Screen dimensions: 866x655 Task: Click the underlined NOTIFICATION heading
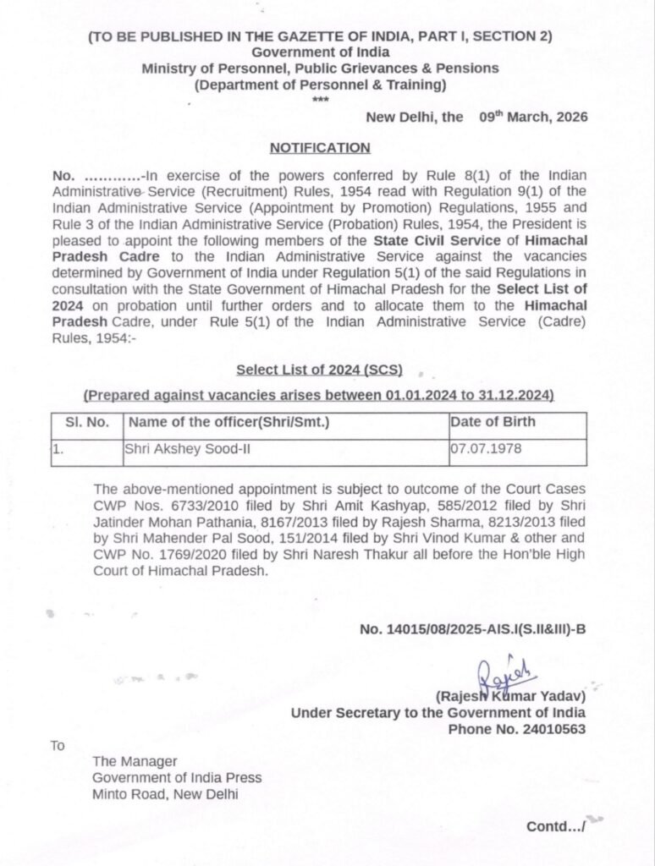pyautogui.click(x=320, y=148)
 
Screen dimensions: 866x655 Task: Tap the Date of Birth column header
pyautogui.click(x=493, y=421)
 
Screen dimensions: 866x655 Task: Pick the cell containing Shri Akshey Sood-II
pyautogui.click(x=187, y=450)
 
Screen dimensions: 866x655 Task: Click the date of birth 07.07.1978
pyautogui.click(x=482, y=450)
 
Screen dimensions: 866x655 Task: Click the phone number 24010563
pyautogui.click(x=550, y=728)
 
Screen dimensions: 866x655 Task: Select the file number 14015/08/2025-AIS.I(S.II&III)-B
pyautogui.click(x=472, y=629)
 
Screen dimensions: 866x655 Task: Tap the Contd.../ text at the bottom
pyautogui.click(x=554, y=825)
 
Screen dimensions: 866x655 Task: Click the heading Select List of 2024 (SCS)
pyautogui.click(x=319, y=370)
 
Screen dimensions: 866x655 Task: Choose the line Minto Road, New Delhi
pyautogui.click(x=166, y=794)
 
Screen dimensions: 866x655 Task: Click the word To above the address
pyautogui.click(x=58, y=745)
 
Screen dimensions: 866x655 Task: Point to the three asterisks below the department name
pyautogui.click(x=320, y=100)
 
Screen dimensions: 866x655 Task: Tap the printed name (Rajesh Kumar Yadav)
pyautogui.click(x=510, y=697)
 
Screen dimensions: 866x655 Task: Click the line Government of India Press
pyautogui.click(x=178, y=778)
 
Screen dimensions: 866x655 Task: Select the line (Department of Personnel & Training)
pyautogui.click(x=320, y=85)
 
